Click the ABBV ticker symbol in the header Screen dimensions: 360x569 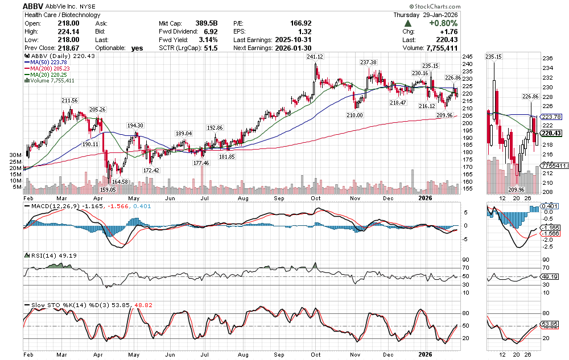(x=34, y=5)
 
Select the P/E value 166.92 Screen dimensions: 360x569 (x=300, y=23)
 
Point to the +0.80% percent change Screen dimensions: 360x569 (x=443, y=23)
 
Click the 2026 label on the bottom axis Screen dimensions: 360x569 (x=424, y=198)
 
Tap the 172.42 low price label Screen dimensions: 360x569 (x=151, y=170)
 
